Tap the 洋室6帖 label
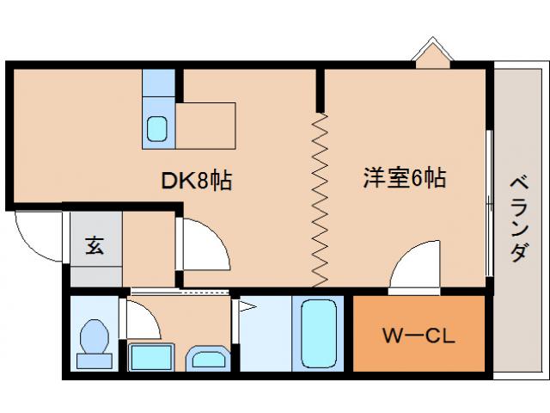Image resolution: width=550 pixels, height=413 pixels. [403, 180]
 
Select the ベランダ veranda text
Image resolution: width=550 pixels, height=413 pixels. [518, 219]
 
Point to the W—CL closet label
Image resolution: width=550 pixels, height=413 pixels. [418, 333]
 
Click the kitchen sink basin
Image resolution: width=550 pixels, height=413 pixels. [157, 129]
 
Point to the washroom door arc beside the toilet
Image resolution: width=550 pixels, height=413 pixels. [141, 318]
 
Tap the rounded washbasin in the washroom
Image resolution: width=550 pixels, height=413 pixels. [207, 358]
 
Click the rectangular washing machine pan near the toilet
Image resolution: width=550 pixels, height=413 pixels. [150, 355]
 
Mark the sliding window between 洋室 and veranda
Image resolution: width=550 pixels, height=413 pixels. [490, 202]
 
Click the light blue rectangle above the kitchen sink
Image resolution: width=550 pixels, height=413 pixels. [157, 83]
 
